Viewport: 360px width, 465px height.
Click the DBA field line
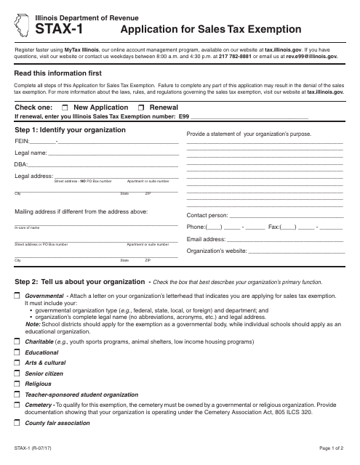click(103, 166)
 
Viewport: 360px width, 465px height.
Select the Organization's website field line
click(295, 251)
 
